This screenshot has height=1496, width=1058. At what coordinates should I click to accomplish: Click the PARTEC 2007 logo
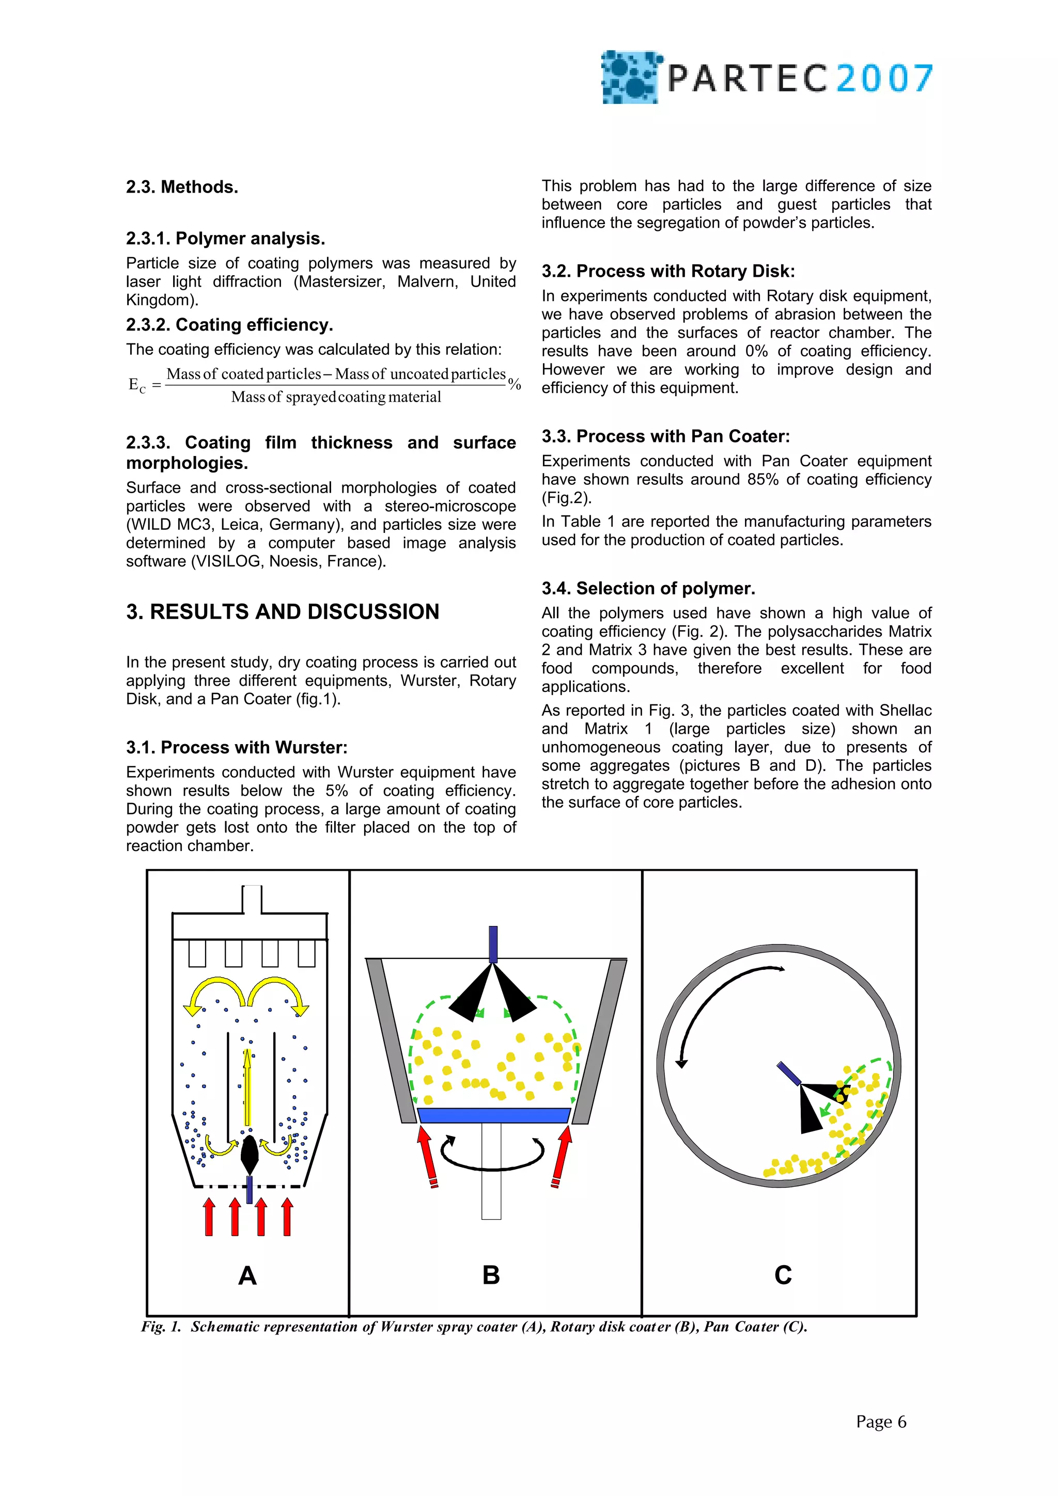point(766,77)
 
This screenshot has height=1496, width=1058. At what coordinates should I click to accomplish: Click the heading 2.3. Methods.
point(182,187)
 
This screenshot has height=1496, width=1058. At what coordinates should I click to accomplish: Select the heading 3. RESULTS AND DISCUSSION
point(282,611)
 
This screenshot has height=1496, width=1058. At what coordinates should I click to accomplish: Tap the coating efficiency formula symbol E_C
point(137,385)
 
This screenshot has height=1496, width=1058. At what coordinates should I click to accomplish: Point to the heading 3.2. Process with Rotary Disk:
point(667,271)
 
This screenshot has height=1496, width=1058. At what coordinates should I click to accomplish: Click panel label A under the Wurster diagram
point(247,1275)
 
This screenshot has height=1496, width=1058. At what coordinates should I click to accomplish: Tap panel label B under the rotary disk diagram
point(491,1275)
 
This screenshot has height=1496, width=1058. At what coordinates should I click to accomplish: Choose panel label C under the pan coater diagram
point(783,1275)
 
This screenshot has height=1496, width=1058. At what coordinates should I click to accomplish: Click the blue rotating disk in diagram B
point(493,1115)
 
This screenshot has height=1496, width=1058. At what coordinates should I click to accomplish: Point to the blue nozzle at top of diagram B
point(493,943)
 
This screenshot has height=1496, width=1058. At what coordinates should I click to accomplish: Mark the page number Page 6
point(881,1422)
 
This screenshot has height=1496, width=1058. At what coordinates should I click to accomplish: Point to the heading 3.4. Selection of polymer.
point(648,588)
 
